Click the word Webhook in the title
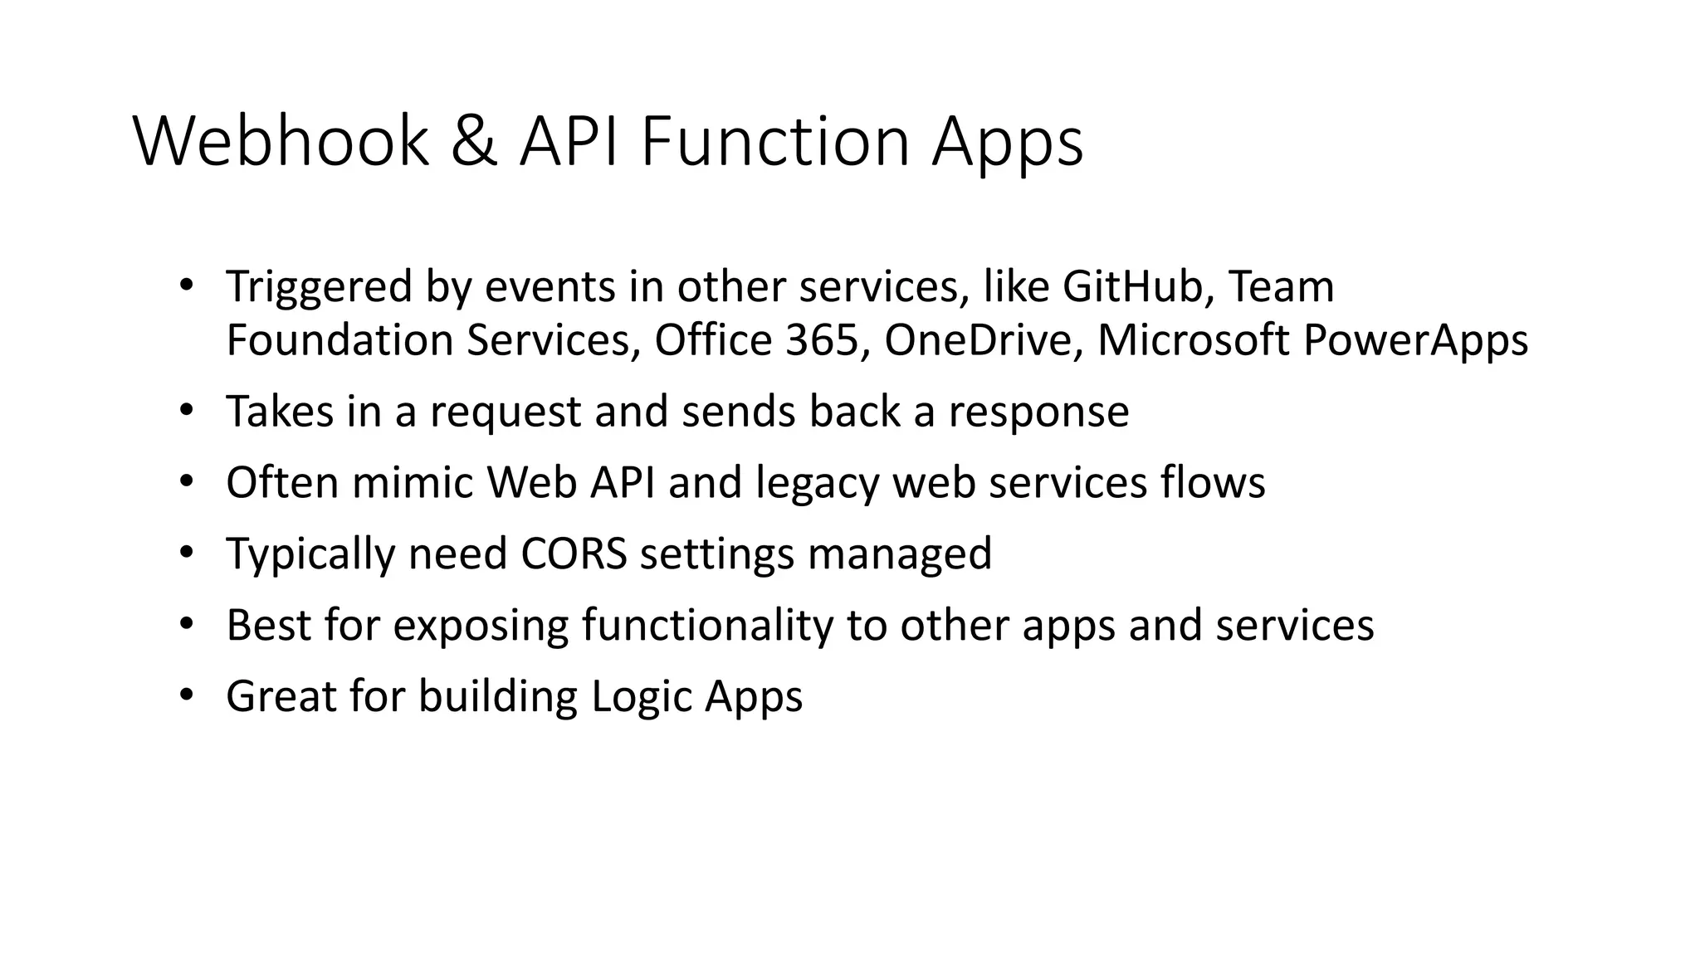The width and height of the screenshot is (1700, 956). [281, 142]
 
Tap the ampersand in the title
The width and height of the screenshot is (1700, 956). [475, 142]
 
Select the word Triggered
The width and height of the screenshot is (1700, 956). [319, 289]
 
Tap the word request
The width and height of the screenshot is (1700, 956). [505, 413]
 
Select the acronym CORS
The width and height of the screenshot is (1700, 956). [574, 554]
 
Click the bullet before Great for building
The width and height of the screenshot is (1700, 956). [186, 695]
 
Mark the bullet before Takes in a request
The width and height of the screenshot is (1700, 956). [186, 410]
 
